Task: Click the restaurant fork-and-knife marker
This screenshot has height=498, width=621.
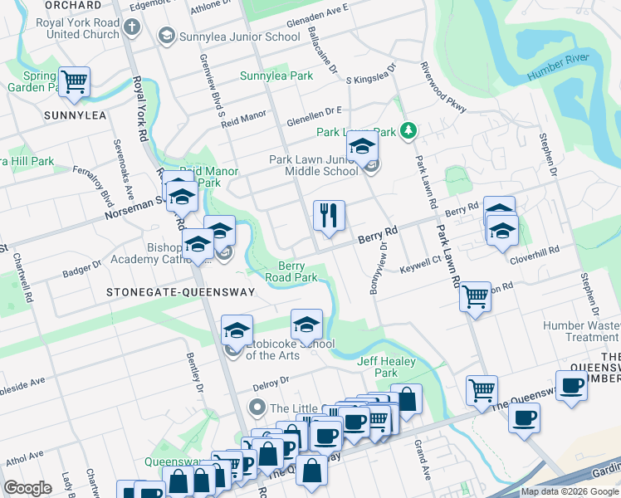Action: [x=329, y=216]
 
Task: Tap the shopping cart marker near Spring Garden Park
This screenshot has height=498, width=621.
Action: [x=75, y=82]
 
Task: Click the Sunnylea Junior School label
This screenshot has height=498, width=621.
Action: [x=229, y=37]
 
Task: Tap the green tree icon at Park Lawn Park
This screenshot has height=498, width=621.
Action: [x=408, y=130]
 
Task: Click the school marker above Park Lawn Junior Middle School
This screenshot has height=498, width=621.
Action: [x=362, y=146]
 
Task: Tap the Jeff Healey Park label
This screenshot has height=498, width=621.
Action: [x=378, y=367]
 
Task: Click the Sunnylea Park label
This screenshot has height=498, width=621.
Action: [x=276, y=76]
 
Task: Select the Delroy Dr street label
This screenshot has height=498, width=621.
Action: [x=272, y=381]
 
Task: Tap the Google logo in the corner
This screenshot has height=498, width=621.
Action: [x=27, y=488]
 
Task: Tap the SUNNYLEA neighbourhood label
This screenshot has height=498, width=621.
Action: [x=76, y=115]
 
